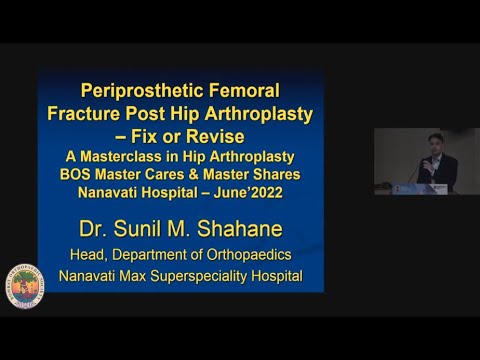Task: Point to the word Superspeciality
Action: (x=211, y=275)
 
